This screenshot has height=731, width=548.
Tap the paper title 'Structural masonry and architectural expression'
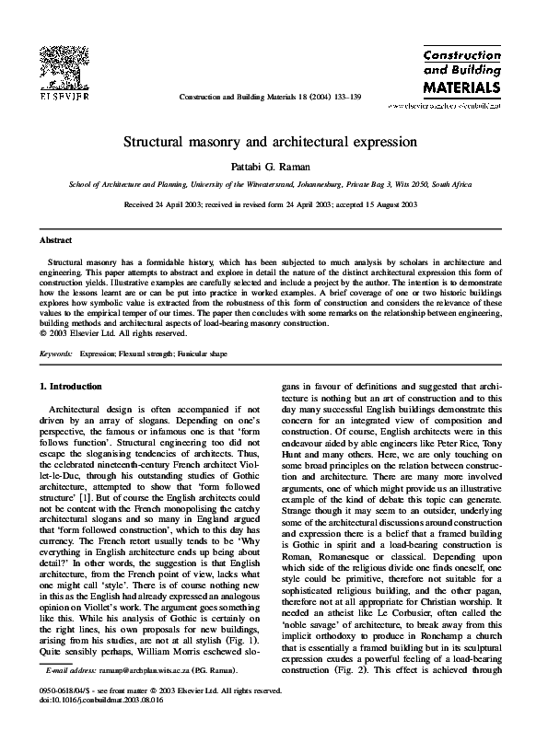tap(273, 145)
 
